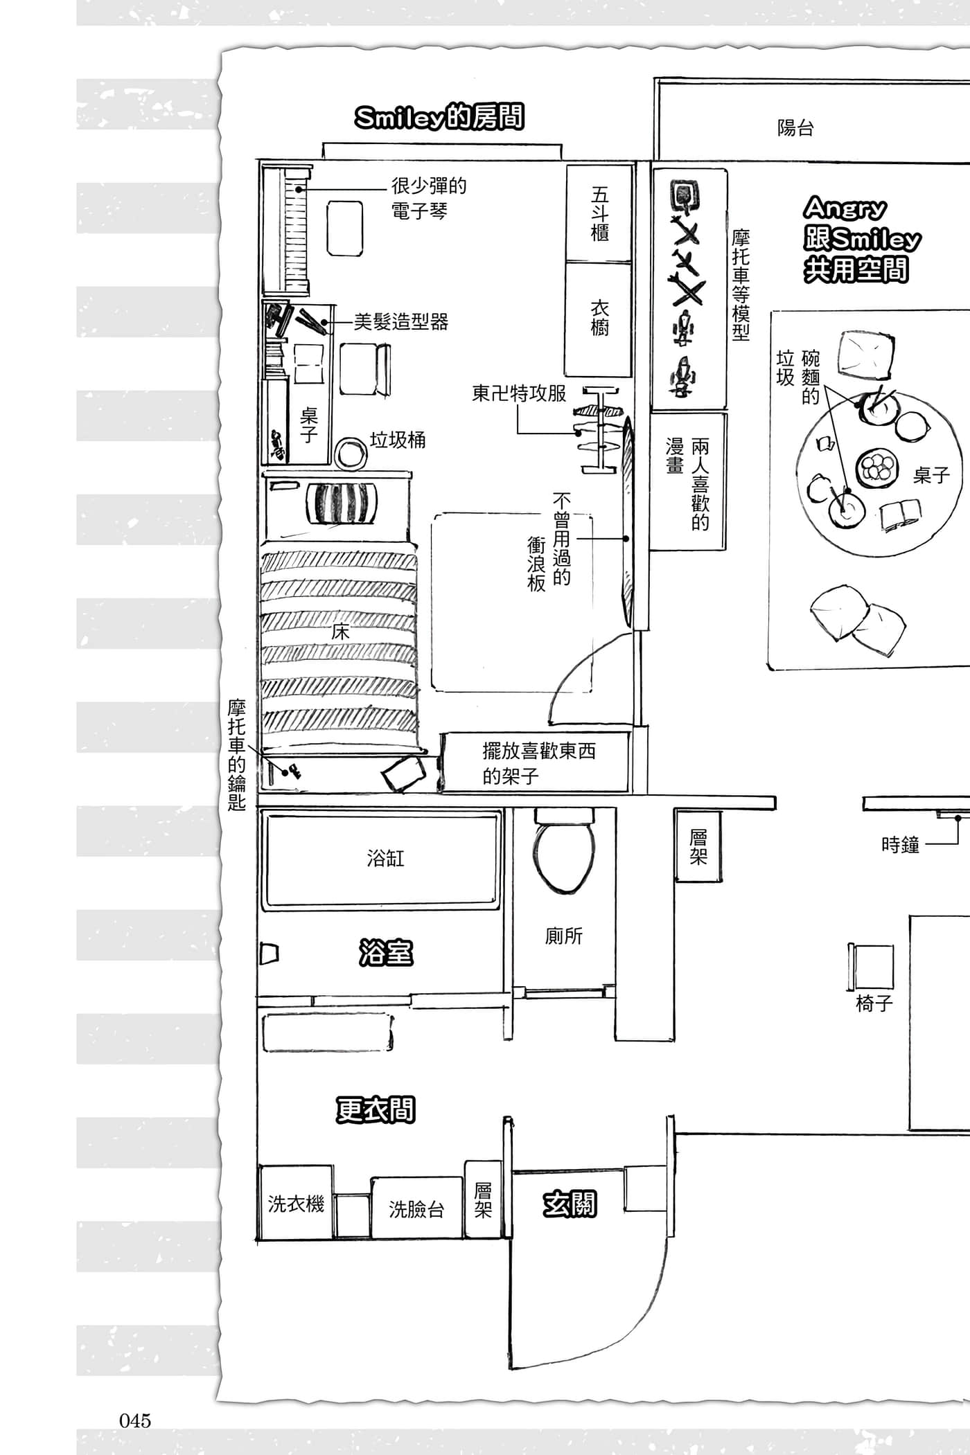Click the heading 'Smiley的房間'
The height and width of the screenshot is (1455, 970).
pyautogui.click(x=439, y=118)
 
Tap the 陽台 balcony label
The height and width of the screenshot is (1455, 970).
pyautogui.click(x=795, y=128)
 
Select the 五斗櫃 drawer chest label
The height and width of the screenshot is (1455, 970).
pyautogui.click(x=600, y=213)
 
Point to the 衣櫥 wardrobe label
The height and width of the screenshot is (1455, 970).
pyautogui.click(x=599, y=317)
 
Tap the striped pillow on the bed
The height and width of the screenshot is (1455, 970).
pyautogui.click(x=342, y=503)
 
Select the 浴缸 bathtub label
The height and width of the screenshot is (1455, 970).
pyautogui.click(x=385, y=859)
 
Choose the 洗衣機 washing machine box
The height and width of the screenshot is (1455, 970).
pyautogui.click(x=296, y=1203)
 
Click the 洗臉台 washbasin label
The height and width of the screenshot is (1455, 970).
pyautogui.click(x=416, y=1209)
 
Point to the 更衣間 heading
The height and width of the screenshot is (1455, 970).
pyautogui.click(x=376, y=1110)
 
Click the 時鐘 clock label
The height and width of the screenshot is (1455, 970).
pyautogui.click(x=900, y=845)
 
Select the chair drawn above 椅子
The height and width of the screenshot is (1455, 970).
pyautogui.click(x=872, y=967)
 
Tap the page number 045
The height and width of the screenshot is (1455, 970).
pyautogui.click(x=135, y=1420)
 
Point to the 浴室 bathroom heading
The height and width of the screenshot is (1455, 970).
pyautogui.click(x=386, y=953)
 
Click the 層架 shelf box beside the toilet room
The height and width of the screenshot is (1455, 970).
pyautogui.click(x=698, y=846)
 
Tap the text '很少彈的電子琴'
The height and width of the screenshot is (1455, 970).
pyautogui.click(x=429, y=198)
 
